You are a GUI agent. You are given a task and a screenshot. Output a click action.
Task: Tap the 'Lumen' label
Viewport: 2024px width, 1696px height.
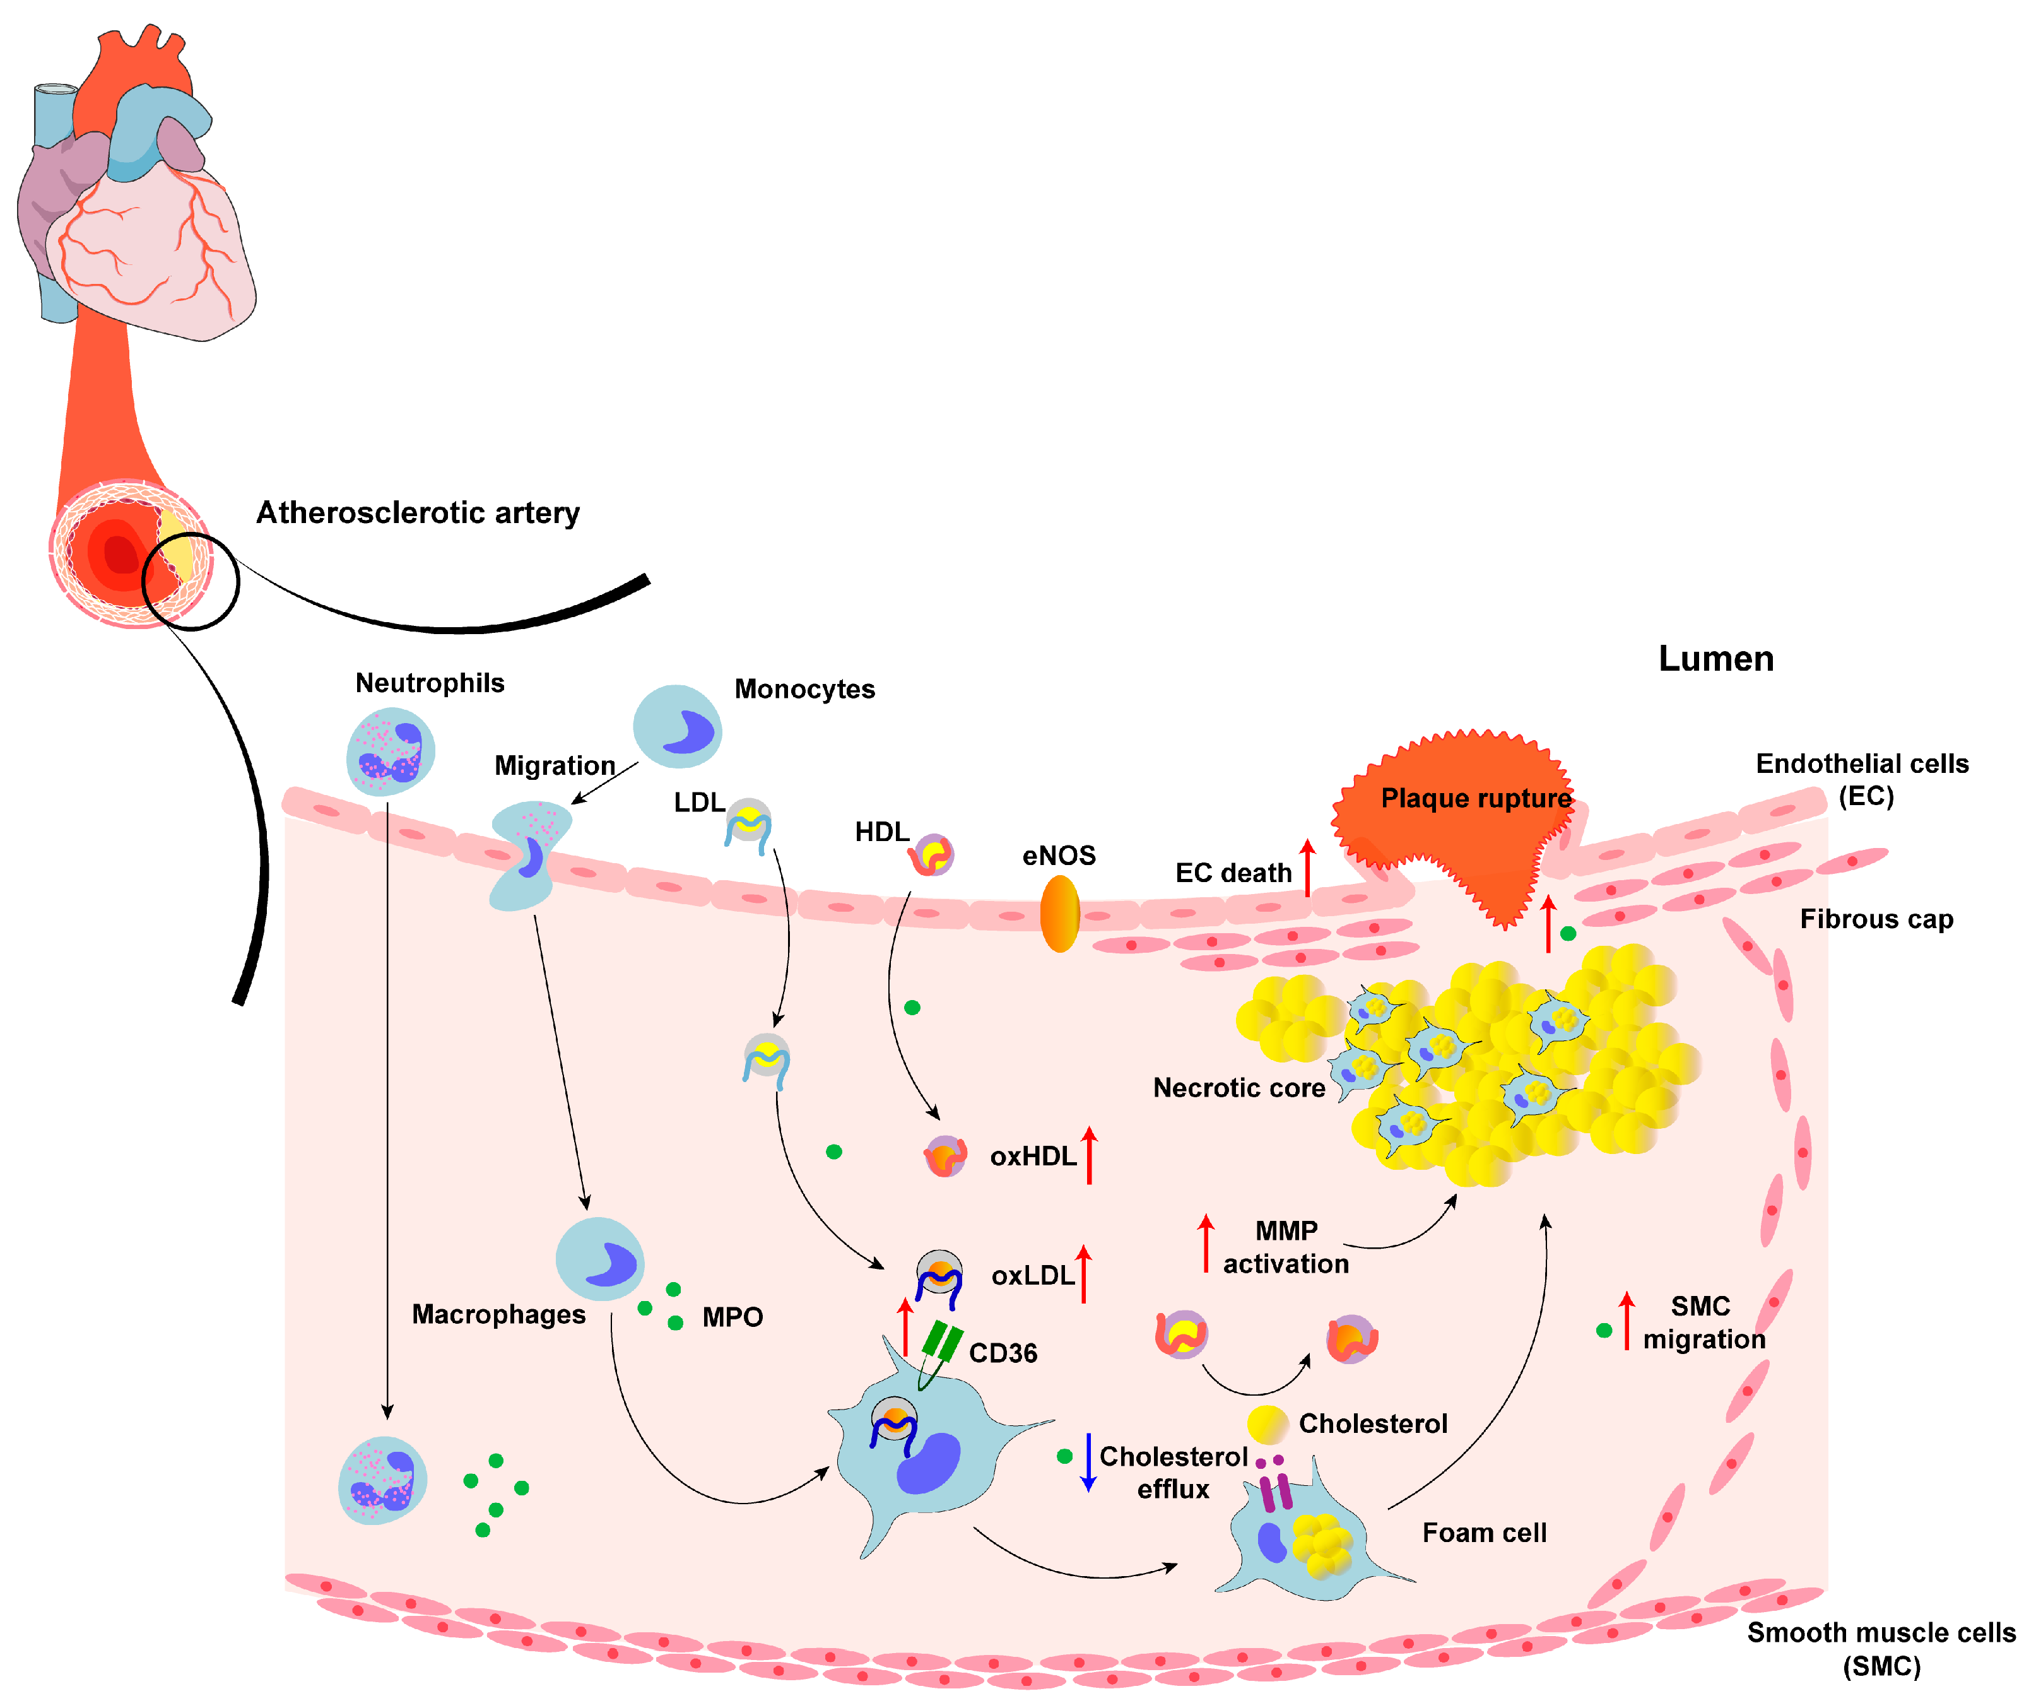(x=1715, y=659)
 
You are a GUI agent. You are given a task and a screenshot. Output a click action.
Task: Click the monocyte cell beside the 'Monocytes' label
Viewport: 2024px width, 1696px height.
(x=676, y=727)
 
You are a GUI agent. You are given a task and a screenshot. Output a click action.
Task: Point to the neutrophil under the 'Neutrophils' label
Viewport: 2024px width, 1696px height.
(x=391, y=751)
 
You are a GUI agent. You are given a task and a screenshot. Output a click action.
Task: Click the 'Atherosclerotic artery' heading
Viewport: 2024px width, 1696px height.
(x=417, y=513)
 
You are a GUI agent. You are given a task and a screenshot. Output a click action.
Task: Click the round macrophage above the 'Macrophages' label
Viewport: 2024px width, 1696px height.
(x=599, y=1259)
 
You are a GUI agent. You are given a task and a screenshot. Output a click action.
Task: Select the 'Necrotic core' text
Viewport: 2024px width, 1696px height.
(x=1239, y=1088)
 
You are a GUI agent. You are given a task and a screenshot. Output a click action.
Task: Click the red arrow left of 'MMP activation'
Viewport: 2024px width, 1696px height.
(x=1205, y=1243)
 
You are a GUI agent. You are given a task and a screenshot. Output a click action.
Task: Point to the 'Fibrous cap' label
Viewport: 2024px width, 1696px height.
(x=1876, y=919)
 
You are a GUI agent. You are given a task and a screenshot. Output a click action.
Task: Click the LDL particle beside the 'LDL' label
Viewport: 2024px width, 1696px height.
(x=749, y=824)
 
